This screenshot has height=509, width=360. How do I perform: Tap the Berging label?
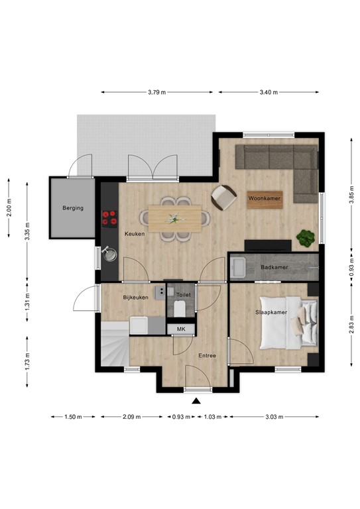[x=73, y=208]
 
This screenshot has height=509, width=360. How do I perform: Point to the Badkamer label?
[x=273, y=268]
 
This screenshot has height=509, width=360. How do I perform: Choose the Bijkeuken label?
[x=136, y=298]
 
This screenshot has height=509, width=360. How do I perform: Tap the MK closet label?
[x=180, y=329]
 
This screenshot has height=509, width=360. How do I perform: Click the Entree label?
[x=208, y=356]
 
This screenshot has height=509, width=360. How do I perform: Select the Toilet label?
[x=184, y=294]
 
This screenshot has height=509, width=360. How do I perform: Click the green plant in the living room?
[x=306, y=237]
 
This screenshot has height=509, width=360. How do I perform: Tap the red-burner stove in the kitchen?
[x=109, y=218]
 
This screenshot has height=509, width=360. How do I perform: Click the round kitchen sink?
[x=109, y=253]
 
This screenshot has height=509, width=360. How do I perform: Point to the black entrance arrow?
[x=196, y=400]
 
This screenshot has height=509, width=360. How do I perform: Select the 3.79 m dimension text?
[x=158, y=92]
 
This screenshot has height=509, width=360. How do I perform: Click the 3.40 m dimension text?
[x=269, y=92]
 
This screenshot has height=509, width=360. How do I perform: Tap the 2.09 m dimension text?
[x=131, y=417]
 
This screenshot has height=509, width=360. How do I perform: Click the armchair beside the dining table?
[x=223, y=196]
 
